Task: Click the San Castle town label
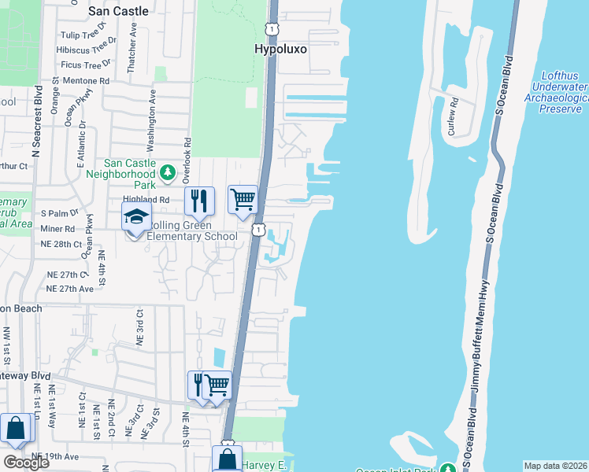point(118,11)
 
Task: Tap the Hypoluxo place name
point(280,49)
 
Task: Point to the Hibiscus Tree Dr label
point(87,50)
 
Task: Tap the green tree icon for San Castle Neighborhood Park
point(167,172)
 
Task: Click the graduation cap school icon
point(135,216)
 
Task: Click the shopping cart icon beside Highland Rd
point(243,200)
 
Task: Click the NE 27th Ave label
point(69,289)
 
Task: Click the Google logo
point(26,463)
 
